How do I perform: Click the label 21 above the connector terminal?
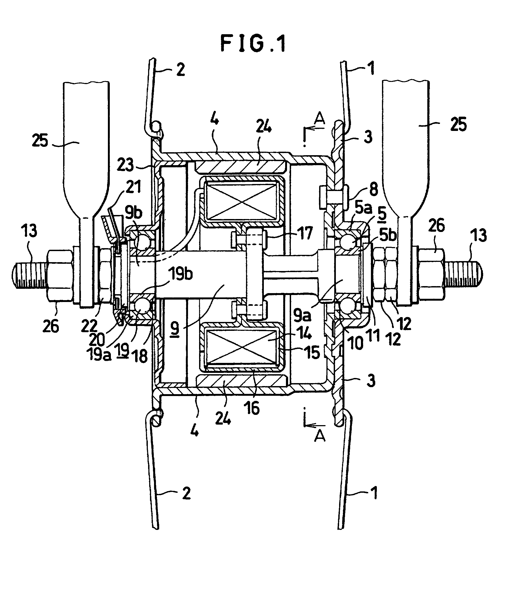pos(134,187)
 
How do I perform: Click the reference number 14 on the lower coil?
pos(304,334)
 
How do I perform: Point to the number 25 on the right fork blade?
pos(459,124)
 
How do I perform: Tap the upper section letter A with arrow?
pos(319,119)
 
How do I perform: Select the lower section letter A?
pos(320,435)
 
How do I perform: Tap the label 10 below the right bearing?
pos(356,343)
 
